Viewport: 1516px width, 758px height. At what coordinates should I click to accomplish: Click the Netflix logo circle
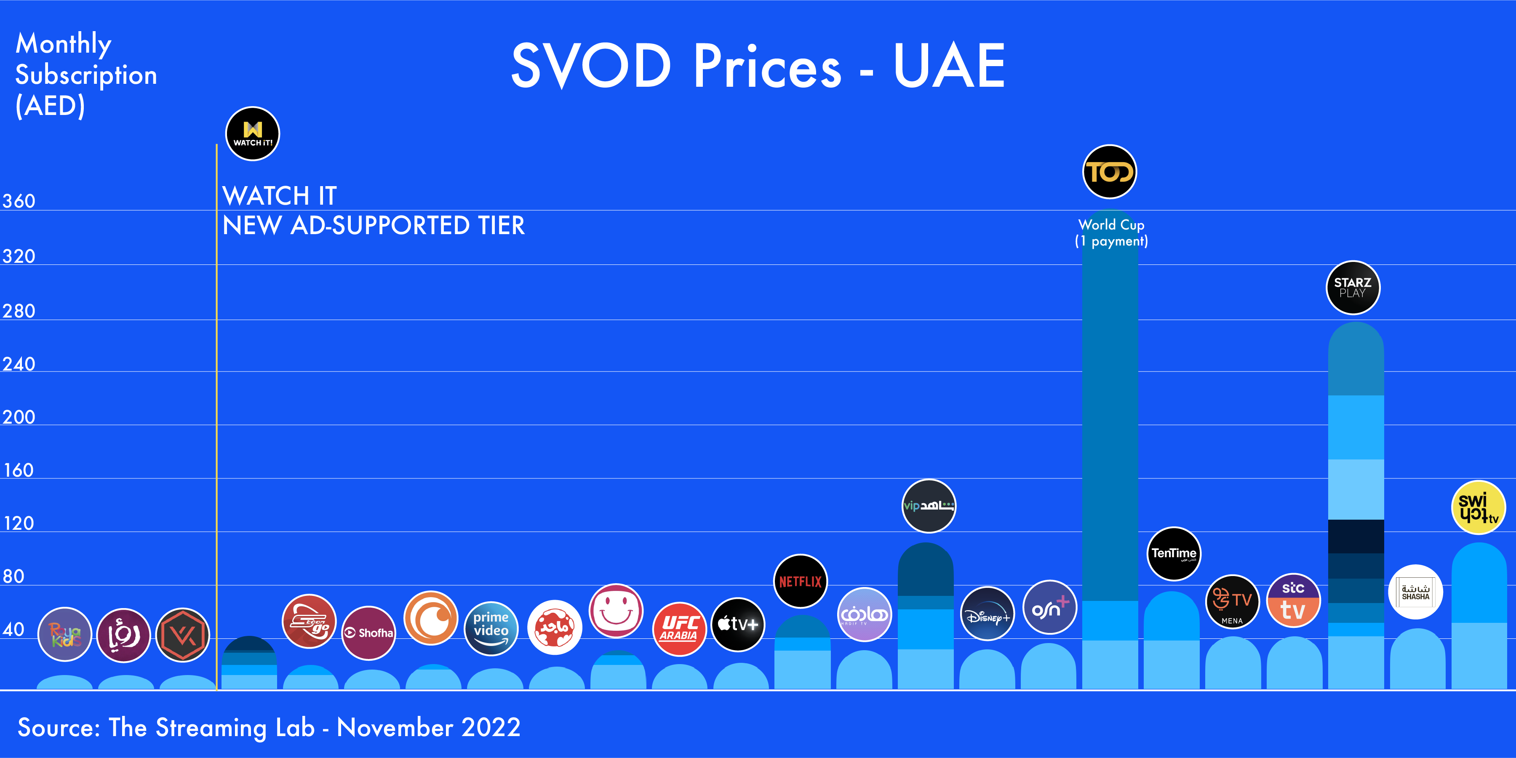point(800,582)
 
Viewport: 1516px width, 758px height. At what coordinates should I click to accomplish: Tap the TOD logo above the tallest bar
point(1109,172)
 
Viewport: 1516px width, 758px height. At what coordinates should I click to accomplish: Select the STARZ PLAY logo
point(1352,288)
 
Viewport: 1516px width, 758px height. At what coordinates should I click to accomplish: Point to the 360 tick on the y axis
point(19,201)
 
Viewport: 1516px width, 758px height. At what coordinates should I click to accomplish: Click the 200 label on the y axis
point(19,417)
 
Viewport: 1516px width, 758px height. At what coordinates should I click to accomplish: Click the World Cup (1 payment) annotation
point(1111,233)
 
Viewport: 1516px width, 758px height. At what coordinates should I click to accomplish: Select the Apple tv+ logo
point(738,624)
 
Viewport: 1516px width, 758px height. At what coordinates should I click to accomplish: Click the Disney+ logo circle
point(987,614)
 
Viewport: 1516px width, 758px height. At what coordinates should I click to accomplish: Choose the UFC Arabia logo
point(679,629)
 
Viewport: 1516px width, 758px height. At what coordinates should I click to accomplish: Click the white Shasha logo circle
point(1415,592)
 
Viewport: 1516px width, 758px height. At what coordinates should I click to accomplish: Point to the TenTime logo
point(1174,553)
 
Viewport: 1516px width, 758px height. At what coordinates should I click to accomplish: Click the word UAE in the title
point(949,66)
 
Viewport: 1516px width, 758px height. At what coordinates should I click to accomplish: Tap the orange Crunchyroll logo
point(431,618)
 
